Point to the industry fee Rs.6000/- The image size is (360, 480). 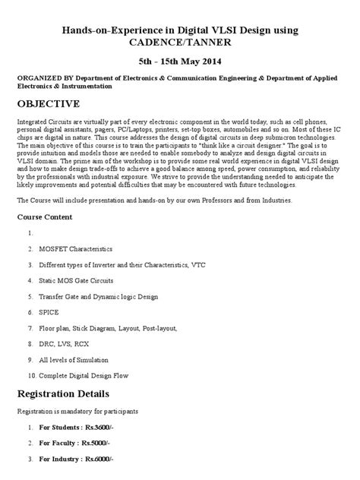tap(105, 459)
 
